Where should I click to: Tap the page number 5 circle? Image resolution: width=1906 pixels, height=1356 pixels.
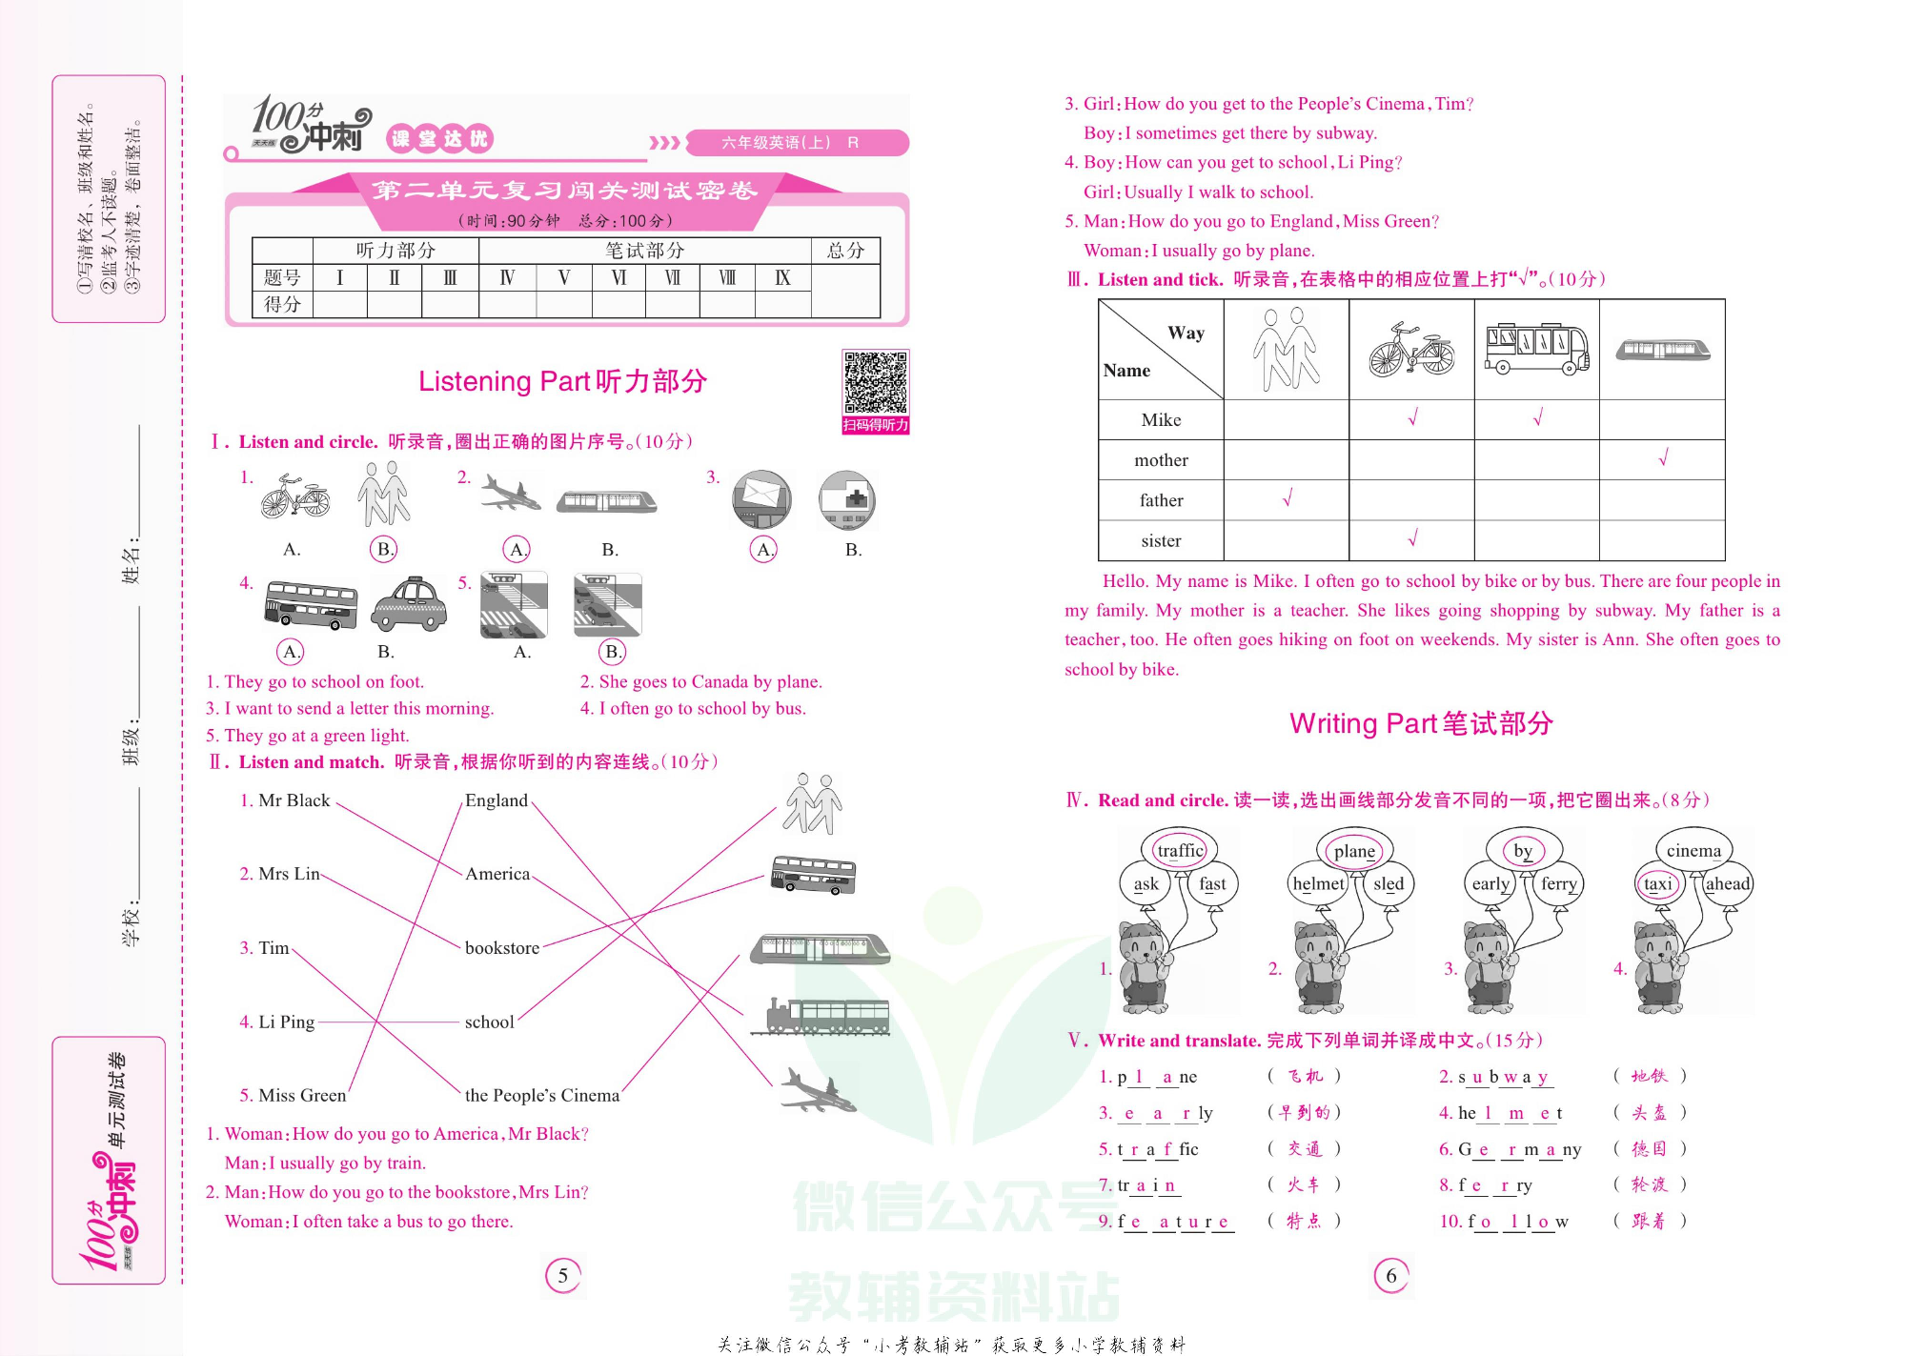point(562,1276)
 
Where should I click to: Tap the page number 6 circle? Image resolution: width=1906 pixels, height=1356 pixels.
point(1391,1276)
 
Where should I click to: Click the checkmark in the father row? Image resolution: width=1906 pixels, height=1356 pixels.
point(1287,498)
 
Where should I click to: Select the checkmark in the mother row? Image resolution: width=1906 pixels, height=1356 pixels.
point(1663,458)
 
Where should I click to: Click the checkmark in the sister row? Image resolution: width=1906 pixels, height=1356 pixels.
point(1412,538)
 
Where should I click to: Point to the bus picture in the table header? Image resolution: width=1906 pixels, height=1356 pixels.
point(1536,349)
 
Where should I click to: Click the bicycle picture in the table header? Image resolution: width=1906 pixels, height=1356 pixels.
point(1411,350)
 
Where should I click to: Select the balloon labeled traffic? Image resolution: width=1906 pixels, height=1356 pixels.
point(1180,850)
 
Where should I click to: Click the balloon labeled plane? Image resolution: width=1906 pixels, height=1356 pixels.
point(1354,850)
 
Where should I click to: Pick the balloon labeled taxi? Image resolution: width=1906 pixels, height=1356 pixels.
point(1658,883)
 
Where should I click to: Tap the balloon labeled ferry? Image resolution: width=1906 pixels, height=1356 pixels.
point(1559,883)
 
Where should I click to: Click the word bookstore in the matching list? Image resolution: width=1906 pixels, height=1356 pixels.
point(502,948)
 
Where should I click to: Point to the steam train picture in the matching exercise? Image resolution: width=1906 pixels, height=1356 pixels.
point(820,1016)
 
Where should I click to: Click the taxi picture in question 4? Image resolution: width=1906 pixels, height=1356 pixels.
point(409,604)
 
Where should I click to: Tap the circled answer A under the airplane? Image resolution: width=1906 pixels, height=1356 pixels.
point(517,550)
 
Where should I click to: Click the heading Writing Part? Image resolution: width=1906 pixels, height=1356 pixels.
point(1420,724)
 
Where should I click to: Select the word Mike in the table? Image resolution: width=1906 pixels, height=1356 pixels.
point(1161,420)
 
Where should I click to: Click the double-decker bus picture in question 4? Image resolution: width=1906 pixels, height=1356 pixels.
point(311,604)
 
